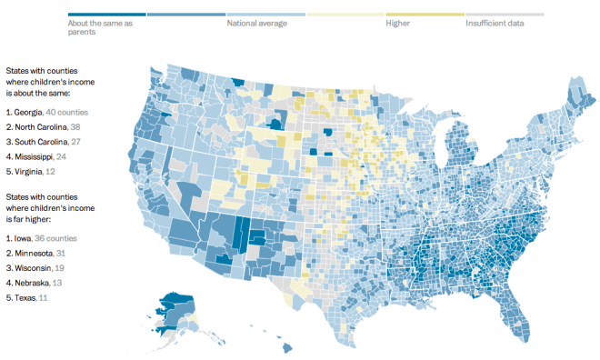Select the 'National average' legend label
click(x=257, y=23)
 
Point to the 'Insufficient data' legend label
click(x=495, y=23)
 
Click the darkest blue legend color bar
click(x=106, y=15)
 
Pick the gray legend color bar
click(x=505, y=15)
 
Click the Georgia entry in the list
click(x=46, y=111)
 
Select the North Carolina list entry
click(x=45, y=126)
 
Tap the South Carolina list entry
click(x=45, y=142)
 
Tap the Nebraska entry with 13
click(x=35, y=282)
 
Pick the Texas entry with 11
click(x=28, y=296)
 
